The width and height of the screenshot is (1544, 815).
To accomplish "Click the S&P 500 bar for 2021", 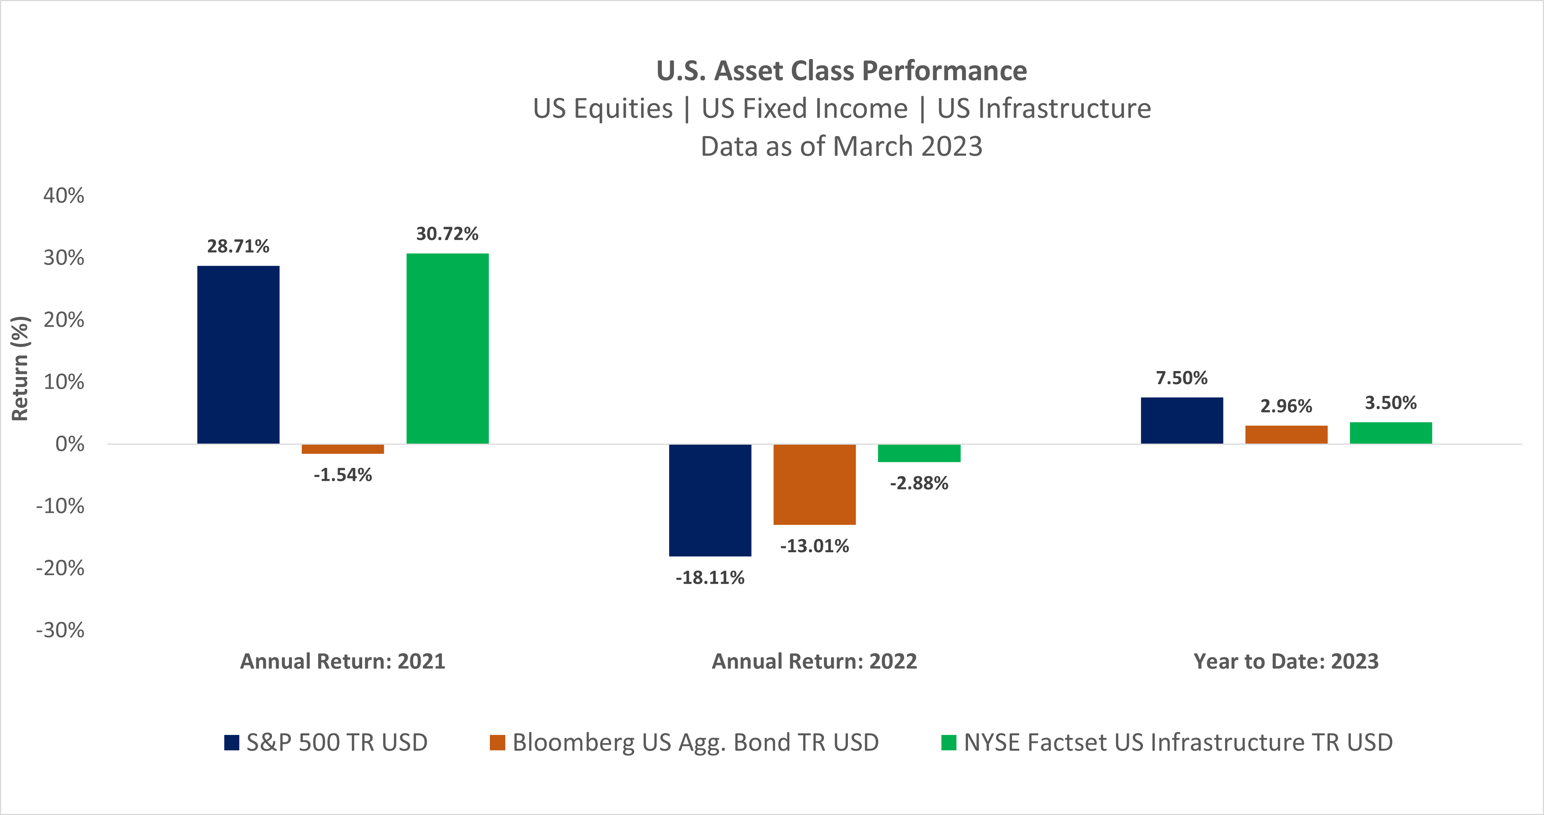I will [238, 354].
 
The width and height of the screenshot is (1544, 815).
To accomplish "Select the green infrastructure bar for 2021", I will [447, 348].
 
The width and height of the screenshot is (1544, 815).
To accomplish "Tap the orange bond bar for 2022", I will [814, 485].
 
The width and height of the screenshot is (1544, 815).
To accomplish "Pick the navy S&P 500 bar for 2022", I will [710, 500].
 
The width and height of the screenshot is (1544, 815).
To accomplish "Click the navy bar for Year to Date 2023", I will [1181, 420].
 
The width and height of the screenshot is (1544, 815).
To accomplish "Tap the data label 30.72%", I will [447, 234].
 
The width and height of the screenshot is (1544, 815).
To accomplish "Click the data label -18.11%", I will [710, 577].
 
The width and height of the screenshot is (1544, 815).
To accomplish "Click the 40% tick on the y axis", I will [63, 195].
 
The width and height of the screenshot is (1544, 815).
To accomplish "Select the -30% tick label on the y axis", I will [60, 630].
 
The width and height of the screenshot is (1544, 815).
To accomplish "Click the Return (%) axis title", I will [20, 368].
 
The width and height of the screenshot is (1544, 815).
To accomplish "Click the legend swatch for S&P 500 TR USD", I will [231, 742].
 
